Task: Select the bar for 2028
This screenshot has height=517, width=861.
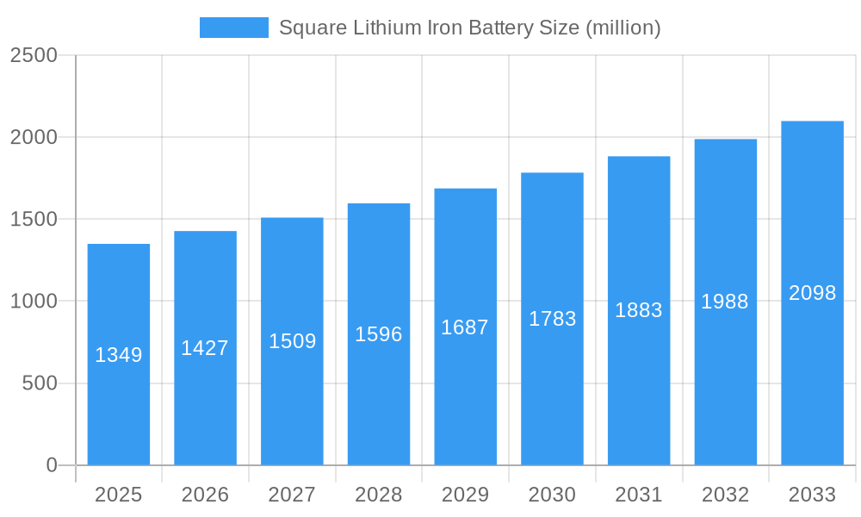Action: (x=379, y=396)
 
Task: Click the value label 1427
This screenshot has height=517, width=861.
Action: (x=205, y=348)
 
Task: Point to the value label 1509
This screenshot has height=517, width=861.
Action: (x=292, y=341)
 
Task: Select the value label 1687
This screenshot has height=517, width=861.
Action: (x=465, y=327)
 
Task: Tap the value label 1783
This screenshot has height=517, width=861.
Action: (x=552, y=319)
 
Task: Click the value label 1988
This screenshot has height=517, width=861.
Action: (x=725, y=302)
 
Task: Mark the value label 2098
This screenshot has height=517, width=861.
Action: (x=812, y=293)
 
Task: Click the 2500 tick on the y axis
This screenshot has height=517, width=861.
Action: (x=34, y=55)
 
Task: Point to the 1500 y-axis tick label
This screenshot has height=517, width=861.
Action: (x=34, y=219)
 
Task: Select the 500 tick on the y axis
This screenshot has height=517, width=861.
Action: (x=40, y=383)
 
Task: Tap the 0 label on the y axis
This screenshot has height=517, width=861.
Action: (x=51, y=465)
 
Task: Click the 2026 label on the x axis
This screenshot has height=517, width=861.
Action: (x=205, y=495)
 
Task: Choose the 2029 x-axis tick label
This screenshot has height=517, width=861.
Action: (x=465, y=495)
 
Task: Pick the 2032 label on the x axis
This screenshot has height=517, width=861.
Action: (x=725, y=495)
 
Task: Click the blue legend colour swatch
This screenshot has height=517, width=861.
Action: (x=233, y=28)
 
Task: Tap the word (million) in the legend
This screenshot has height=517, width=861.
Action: (x=623, y=28)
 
